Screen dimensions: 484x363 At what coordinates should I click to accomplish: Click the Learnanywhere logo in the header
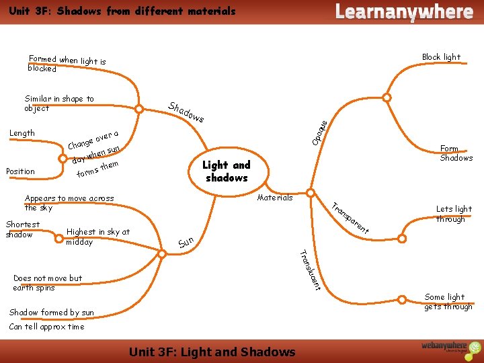coord(403,11)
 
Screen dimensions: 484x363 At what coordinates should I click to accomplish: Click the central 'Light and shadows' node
coord(226,171)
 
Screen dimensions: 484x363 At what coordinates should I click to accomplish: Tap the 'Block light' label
coord(441,57)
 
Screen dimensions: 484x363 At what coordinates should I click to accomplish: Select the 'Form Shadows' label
coord(456,153)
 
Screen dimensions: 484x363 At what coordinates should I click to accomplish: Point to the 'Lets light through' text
coord(454,214)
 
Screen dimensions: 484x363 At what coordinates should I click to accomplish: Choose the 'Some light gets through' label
coord(448,302)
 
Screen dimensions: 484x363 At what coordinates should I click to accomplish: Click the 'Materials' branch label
coord(275,198)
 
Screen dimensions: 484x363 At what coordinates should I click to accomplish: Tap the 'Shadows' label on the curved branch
coord(186,113)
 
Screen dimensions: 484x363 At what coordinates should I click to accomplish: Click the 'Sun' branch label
coord(186,241)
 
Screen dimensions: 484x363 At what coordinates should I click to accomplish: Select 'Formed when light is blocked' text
coord(67,63)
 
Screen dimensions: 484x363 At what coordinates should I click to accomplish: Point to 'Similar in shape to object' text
coord(59,103)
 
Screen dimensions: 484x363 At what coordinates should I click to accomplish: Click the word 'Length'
coord(22,133)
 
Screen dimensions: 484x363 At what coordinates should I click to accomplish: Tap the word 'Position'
coord(20,171)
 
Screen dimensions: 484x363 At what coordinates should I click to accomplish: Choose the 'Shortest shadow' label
coord(23,229)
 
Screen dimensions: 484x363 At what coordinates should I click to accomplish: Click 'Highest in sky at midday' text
coord(97,237)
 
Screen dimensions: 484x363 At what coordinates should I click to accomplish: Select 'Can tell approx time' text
coord(47,327)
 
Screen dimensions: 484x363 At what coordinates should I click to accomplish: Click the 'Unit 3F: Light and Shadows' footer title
coord(212,352)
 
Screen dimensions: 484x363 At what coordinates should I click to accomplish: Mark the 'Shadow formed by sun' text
coord(52,312)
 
